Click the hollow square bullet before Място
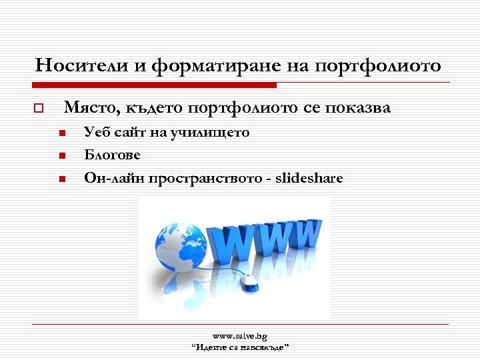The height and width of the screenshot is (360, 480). pyautogui.click(x=39, y=108)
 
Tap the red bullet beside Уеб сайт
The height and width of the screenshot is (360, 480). pyautogui.click(x=60, y=133)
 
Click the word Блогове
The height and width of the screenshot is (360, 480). pyautogui.click(x=113, y=155)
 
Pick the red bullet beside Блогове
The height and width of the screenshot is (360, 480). pyautogui.click(x=60, y=156)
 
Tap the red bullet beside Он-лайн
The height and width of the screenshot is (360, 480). pyautogui.click(x=60, y=179)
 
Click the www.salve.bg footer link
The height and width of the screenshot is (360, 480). pyautogui.click(x=239, y=337)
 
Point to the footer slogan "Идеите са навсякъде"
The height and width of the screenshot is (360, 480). pyautogui.click(x=239, y=348)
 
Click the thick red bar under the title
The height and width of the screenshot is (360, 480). pyautogui.click(x=153, y=85)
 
